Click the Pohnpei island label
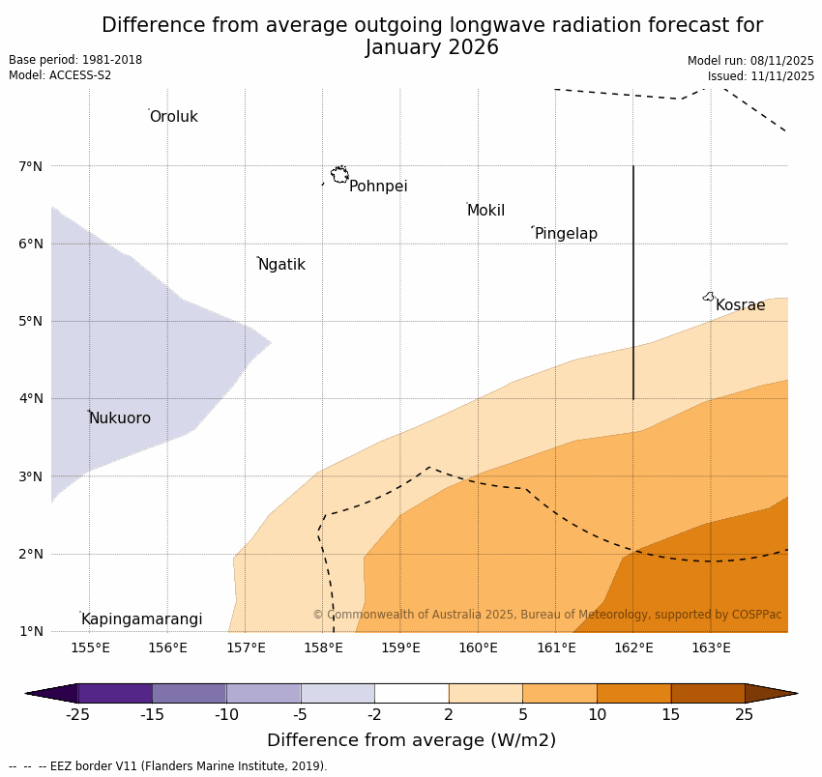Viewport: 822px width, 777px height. (x=378, y=187)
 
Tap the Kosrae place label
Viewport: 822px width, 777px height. (x=740, y=305)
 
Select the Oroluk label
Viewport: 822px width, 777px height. (x=173, y=117)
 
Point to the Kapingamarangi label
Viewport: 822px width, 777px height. (x=141, y=619)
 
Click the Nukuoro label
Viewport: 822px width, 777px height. (x=120, y=418)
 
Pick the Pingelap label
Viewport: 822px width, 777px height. (x=566, y=234)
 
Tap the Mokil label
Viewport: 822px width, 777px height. (x=485, y=211)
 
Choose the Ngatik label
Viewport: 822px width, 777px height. (x=281, y=265)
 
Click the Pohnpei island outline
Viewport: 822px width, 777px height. (x=339, y=175)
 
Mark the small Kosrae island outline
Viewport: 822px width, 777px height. (x=709, y=297)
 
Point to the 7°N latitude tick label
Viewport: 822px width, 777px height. (x=31, y=166)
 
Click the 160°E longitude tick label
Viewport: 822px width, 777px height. (x=478, y=647)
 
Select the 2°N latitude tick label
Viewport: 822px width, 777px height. (x=31, y=554)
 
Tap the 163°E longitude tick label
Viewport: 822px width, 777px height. (x=711, y=647)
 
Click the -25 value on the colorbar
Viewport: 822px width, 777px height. (x=77, y=715)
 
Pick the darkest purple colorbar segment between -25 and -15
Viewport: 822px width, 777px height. (x=114, y=693)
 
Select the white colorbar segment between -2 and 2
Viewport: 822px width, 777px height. (x=411, y=693)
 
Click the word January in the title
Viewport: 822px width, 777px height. (x=405, y=47)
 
